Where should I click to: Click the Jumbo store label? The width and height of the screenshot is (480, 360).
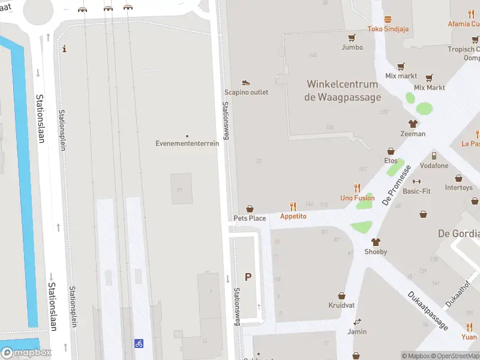352,47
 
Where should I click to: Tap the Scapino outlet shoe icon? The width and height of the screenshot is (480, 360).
246,82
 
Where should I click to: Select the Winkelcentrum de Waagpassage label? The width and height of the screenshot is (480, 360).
343,91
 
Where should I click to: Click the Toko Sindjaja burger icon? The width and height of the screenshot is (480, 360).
388,19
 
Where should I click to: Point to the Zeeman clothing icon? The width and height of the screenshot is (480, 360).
413,124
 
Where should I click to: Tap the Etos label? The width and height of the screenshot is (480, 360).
391,161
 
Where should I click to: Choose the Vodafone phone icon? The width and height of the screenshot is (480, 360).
434,156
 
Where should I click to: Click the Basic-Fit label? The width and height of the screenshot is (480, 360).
416,191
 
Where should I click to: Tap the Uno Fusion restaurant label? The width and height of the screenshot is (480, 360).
357,198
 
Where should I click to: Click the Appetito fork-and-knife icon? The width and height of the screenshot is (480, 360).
293,206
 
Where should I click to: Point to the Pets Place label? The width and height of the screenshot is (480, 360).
250,218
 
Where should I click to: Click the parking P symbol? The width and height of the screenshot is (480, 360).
248,277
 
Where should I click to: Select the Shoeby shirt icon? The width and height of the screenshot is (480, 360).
376,242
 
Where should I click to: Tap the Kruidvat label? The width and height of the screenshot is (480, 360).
341,305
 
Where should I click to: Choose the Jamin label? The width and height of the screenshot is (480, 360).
357,331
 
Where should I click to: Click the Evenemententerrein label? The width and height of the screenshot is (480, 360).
187,143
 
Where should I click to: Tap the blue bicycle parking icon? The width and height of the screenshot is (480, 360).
139,343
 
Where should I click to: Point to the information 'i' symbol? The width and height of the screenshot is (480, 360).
65,49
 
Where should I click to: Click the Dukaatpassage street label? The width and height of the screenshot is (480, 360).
428,310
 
